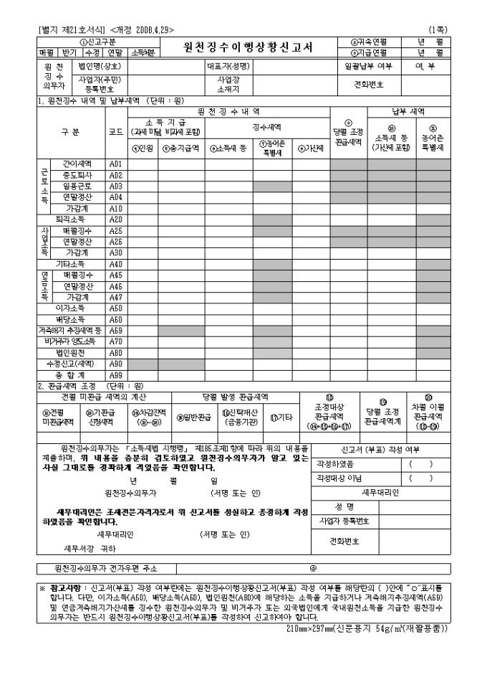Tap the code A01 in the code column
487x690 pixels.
pyautogui.click(x=116, y=164)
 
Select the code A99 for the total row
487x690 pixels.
pyautogui.click(x=116, y=376)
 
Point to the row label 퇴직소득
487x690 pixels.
pyautogui.click(x=70, y=219)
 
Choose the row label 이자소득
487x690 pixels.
pyautogui.click(x=70, y=308)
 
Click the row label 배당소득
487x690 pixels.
pyautogui.click(x=70, y=319)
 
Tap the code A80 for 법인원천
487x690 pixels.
pyautogui.click(x=116, y=353)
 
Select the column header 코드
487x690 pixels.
pyautogui.click(x=116, y=133)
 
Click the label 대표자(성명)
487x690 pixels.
pyautogui.click(x=227, y=66)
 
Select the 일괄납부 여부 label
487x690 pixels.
pyautogui.click(x=368, y=66)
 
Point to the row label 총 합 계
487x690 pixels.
pyautogui.click(x=70, y=376)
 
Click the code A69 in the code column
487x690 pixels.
pyautogui.click(x=116, y=331)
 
